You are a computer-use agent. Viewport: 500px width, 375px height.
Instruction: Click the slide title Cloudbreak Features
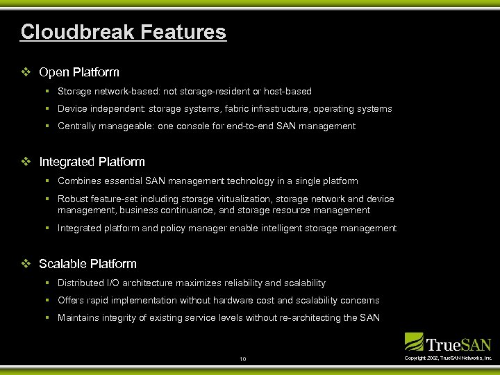coord(123,32)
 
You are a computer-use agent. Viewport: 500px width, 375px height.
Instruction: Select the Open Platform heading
coord(79,72)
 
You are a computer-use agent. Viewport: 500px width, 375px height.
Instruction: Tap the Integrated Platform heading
coord(92,162)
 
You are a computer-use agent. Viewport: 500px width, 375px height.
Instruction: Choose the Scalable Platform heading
coord(87,264)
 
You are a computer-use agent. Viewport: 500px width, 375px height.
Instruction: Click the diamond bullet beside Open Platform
coord(26,72)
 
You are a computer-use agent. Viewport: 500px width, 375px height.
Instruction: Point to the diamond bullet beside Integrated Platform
coord(26,162)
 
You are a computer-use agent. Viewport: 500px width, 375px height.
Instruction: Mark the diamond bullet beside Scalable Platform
coord(26,264)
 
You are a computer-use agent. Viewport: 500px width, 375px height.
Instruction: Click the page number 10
coord(242,359)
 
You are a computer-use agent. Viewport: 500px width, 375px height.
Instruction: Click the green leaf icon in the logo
coord(414,341)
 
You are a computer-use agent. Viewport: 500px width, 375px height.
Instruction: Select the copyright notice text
coord(448,358)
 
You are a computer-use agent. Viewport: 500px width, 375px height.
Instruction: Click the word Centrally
coord(77,126)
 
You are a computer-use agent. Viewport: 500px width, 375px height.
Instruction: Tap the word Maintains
coord(80,318)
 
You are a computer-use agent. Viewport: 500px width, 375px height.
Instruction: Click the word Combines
coord(80,181)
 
